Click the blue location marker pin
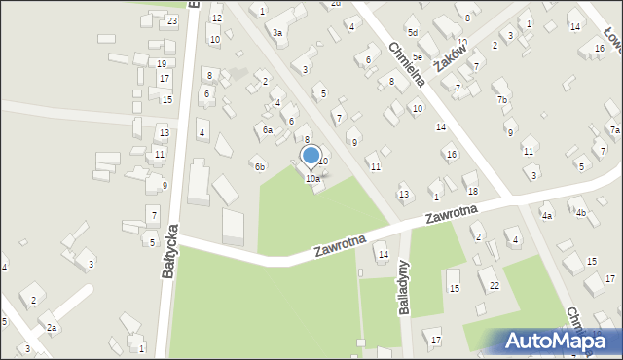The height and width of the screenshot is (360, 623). [x=311, y=156]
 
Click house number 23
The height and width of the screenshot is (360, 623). [x=172, y=20]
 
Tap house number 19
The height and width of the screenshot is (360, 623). [x=161, y=63]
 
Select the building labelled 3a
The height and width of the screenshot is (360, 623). [x=277, y=33]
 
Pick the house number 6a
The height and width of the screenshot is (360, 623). [x=267, y=129]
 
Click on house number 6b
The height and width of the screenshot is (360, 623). [x=260, y=166]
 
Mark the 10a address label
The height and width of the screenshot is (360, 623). [x=312, y=179]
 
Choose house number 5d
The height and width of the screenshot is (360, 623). [x=413, y=33]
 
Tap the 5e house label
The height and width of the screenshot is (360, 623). [x=417, y=57]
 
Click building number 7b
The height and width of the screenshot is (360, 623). [x=502, y=100]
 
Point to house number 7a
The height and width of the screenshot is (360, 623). [x=614, y=130]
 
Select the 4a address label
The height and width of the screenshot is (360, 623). [x=547, y=215]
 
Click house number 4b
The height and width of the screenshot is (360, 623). [x=580, y=212]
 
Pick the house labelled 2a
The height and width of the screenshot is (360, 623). [x=52, y=328]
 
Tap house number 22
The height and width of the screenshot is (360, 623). [x=495, y=285]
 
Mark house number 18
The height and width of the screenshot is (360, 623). [x=472, y=191]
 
